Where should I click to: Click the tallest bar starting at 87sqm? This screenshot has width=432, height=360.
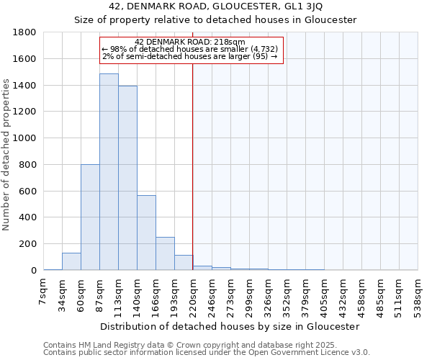pos(109,172)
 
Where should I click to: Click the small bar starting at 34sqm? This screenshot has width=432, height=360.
pos(71,262)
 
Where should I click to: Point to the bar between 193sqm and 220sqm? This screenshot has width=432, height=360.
pos(184,263)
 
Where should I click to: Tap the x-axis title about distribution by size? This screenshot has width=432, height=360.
pos(230,326)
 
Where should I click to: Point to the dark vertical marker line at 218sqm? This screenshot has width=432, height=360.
pos(193,166)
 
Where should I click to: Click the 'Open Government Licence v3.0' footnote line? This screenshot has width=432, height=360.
pos(207,352)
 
